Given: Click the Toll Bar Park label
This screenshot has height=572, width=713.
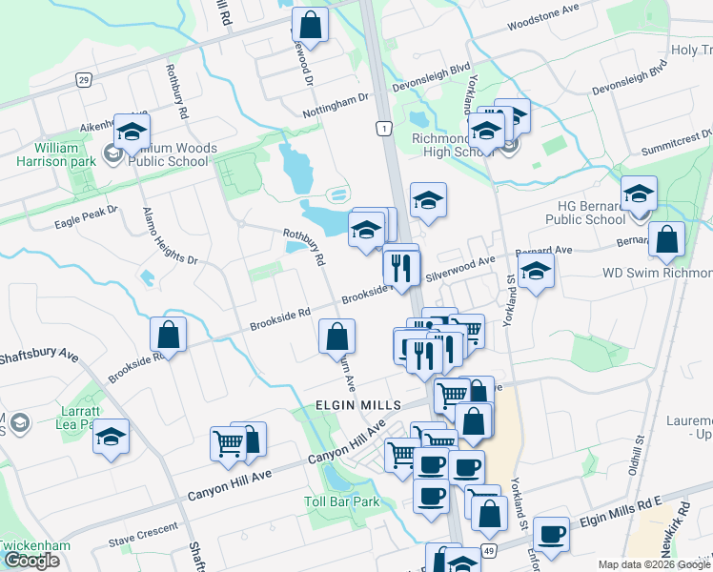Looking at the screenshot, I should tap(341, 501).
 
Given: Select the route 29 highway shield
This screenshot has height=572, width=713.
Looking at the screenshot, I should tap(84, 80).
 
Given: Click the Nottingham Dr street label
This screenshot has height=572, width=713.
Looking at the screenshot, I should tap(335, 102).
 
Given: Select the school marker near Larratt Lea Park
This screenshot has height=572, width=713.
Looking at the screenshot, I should tap(112, 437).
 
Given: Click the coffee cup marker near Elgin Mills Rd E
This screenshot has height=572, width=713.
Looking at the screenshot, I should tap(551, 533).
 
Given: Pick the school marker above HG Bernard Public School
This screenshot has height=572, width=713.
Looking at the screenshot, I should tap(639, 193).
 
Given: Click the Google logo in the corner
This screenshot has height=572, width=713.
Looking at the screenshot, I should tap(31, 561).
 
